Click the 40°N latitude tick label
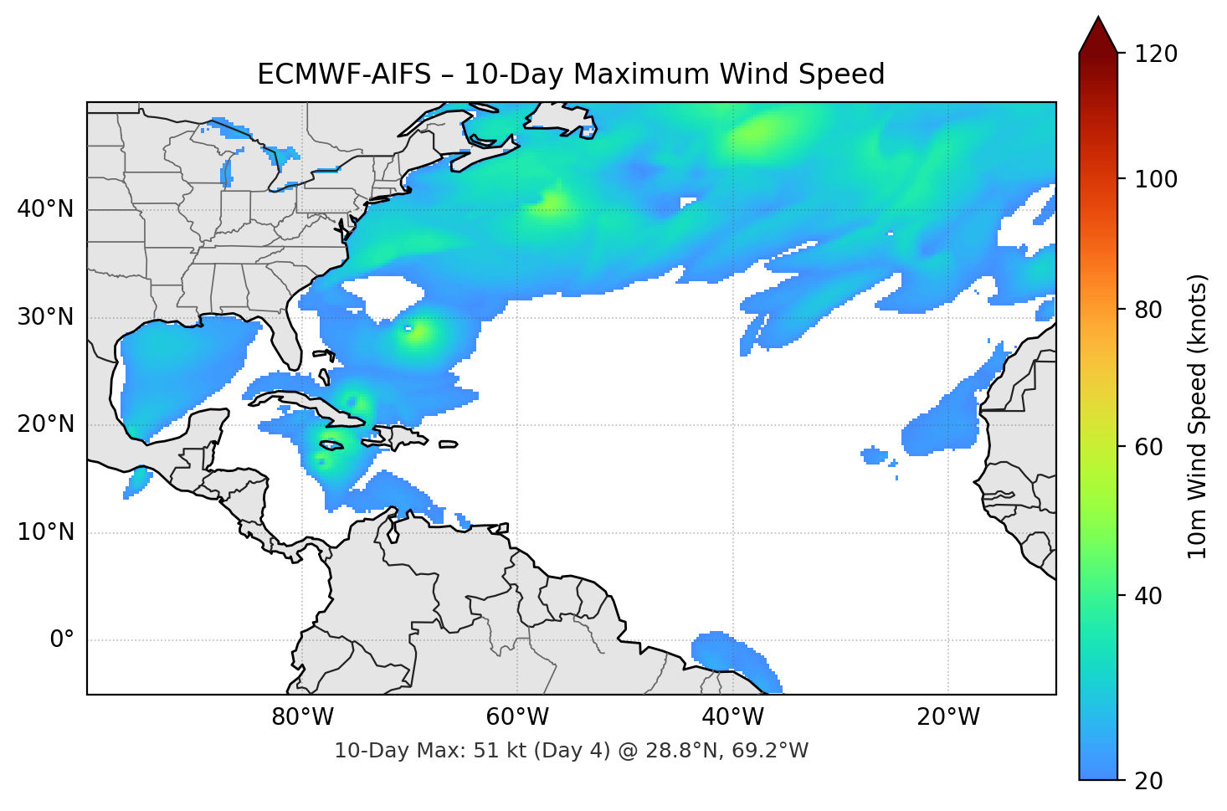pos(45,209)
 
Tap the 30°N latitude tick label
pos(45,317)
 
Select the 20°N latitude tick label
pos(45,424)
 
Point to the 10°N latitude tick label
pos(45,532)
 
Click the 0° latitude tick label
pos(62,640)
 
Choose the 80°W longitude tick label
pos(303,717)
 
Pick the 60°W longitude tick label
pos(518,717)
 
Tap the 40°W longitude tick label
pos(733,717)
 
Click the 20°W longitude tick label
pos(948,717)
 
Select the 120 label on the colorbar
pos(1156,54)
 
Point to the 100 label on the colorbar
pos(1156,179)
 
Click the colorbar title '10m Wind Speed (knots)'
pos(1198,417)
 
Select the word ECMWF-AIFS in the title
pos(343,74)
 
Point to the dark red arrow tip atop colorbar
pos(1098,32)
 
